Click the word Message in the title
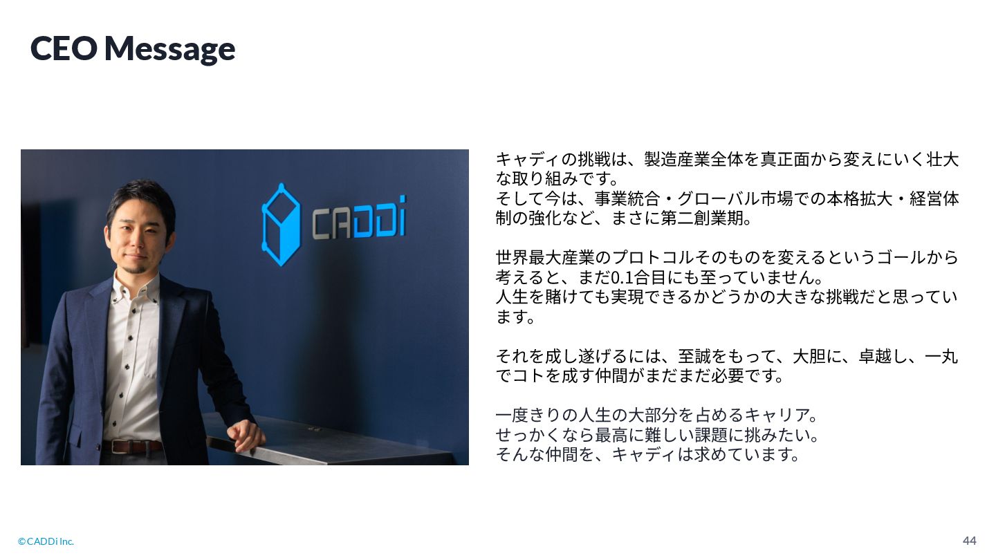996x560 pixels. click(170, 49)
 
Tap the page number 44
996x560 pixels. click(969, 541)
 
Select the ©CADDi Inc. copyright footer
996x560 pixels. click(46, 541)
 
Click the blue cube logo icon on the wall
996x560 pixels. click(281, 225)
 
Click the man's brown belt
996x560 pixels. click(133, 446)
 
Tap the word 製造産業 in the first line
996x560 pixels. click(677, 159)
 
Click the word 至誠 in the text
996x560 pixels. click(694, 356)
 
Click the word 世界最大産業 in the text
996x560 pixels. click(545, 257)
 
